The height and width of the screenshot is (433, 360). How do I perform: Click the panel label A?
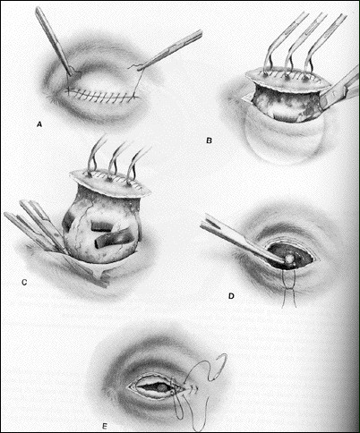39,124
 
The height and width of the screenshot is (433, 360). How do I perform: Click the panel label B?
209,140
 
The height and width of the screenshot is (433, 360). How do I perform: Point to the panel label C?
24,282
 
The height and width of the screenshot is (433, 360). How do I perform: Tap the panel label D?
231,296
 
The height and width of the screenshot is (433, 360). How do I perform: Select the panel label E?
105,426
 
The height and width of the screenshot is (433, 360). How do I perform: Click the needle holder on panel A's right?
170,50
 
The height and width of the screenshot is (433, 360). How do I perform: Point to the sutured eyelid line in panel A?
102,95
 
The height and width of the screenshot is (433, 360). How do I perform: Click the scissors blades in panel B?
340,89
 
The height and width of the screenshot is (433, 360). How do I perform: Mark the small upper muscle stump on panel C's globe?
101,226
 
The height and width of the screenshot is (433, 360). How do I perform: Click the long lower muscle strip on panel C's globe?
115,239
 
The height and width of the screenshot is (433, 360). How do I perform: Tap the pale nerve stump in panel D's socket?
288,259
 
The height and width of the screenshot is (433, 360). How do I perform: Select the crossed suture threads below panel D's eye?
289,288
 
